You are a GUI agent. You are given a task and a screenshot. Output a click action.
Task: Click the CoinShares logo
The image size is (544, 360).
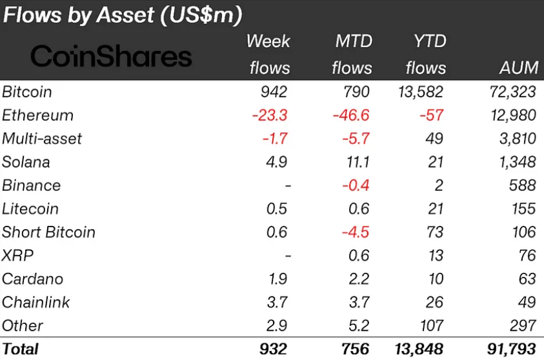click(x=111, y=56)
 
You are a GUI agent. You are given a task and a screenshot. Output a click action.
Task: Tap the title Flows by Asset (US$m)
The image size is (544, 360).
click(x=123, y=15)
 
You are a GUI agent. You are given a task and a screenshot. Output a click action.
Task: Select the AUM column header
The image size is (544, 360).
click(x=519, y=67)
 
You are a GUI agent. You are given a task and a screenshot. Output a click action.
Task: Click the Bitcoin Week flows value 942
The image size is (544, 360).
click(x=274, y=92)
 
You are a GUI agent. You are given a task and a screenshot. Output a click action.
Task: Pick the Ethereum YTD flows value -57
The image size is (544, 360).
click(x=431, y=115)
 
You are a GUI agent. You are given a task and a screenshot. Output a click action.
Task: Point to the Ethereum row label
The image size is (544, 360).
click(x=37, y=115)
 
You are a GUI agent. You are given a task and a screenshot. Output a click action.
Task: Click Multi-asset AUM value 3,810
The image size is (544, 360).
click(x=518, y=139)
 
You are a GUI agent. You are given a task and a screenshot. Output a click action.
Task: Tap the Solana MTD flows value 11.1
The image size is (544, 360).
click(x=358, y=162)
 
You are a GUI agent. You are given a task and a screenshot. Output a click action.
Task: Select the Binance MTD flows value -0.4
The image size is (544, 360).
click(x=356, y=186)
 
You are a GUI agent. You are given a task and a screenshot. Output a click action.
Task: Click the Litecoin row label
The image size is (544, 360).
click(x=30, y=209)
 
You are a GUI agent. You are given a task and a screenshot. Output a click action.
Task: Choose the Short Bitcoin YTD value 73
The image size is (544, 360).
click(x=435, y=232)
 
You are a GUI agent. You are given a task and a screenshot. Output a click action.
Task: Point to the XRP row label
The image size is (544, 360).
click(x=17, y=255)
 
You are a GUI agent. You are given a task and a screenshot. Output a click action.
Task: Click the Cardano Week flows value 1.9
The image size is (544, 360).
click(x=278, y=279)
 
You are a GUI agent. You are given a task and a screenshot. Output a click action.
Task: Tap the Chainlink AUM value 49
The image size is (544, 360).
click(x=527, y=302)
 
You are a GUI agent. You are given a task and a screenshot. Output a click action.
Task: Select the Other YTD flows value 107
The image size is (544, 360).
click(x=432, y=326)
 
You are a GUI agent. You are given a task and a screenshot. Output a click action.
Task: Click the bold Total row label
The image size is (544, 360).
click(x=20, y=349)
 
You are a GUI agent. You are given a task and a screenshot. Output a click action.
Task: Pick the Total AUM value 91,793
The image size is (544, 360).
click(x=512, y=349)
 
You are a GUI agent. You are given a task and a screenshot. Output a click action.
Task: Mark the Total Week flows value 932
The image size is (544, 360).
click(x=274, y=349)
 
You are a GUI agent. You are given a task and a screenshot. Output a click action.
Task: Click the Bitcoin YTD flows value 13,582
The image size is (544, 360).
click(x=421, y=92)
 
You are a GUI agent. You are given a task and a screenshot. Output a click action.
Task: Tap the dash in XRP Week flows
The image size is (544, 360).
click(x=288, y=256)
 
